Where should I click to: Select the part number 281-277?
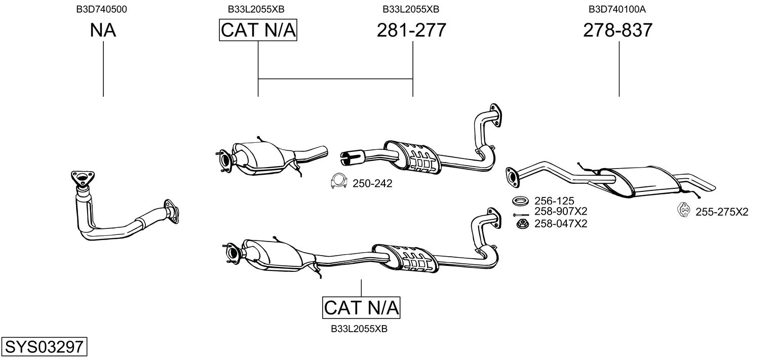[411, 31]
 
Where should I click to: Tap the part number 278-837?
[617, 31]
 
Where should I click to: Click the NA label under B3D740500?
[103, 31]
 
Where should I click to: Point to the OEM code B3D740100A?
[617, 9]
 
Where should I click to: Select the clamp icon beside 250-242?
[337, 182]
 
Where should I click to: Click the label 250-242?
[372, 183]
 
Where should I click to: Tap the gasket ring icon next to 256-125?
[520, 201]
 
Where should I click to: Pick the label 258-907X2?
[561, 212]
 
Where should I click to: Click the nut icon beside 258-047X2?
[520, 223]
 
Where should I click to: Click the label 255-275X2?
[721, 212]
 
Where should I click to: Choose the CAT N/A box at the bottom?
[361, 307]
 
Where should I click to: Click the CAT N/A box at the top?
[258, 31]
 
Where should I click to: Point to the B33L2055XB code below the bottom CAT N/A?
[359, 329]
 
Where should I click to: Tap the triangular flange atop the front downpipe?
[81, 178]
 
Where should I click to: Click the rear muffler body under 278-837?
[643, 180]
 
